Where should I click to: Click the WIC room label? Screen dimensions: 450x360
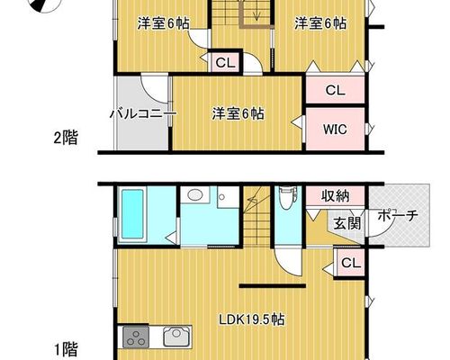335,130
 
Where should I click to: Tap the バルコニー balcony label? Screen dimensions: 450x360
143,114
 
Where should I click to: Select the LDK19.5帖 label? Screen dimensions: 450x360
251,319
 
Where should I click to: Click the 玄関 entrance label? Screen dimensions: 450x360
347,223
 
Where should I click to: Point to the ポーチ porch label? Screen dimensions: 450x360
398,215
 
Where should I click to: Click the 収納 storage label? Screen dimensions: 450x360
336,196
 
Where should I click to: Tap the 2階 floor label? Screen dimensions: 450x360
66,139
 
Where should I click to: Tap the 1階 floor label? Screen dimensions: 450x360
66,349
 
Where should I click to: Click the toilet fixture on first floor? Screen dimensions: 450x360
288,196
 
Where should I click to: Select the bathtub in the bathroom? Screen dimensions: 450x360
132,214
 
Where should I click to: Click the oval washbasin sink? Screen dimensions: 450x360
195,195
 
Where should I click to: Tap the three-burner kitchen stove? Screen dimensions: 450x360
136,337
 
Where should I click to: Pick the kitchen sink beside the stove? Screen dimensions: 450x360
176,337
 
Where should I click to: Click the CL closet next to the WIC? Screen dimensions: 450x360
335,90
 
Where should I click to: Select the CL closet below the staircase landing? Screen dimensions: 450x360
225,63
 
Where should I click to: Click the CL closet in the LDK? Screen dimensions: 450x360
351,263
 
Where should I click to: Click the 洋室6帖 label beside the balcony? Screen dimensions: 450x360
238,114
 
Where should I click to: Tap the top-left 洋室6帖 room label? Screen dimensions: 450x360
164,23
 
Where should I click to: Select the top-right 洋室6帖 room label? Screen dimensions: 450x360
320,23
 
